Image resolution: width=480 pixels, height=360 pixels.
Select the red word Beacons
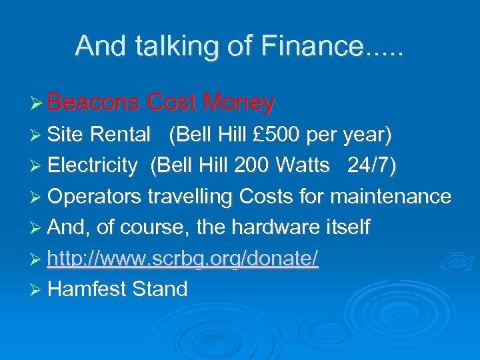coord(94,103)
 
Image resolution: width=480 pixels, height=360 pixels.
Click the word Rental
coord(120,135)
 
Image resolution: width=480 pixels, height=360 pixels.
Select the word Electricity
coord(93,165)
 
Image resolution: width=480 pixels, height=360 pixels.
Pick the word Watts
coord(304,165)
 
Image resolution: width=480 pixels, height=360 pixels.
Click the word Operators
coord(95,197)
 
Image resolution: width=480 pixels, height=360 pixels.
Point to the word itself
coord(345,227)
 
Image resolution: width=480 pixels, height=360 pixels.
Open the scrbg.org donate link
coord(183,258)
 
